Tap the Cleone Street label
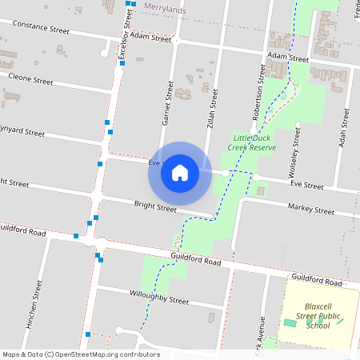point(30,81)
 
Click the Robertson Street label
point(260,86)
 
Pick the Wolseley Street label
point(295,153)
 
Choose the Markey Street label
point(313,210)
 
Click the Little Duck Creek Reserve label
point(252,142)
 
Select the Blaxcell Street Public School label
point(318,315)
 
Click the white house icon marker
point(180,172)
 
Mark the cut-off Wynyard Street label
point(22,130)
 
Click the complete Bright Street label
point(155,207)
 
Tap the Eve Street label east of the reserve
point(306,185)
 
